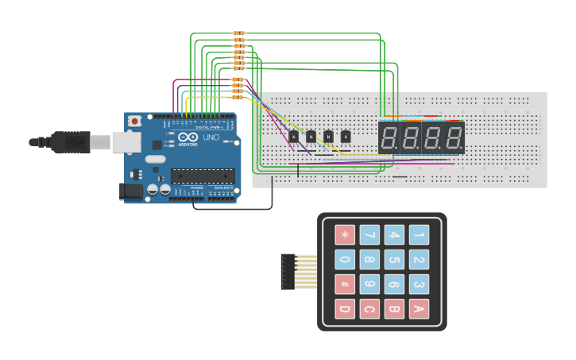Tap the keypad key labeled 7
tap(369, 235)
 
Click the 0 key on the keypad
tap(344, 260)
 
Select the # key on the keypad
tap(344, 285)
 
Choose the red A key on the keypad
tap(419, 309)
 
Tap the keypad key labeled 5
tap(394, 260)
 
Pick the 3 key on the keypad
tap(419, 285)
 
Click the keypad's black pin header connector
tap(288, 272)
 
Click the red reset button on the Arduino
tap(135, 121)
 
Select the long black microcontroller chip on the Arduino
tap(203, 176)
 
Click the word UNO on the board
tap(211, 137)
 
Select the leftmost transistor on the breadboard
tap(293, 137)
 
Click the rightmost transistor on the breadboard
tap(346, 137)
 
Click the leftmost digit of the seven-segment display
tap(389, 137)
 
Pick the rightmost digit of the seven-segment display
tap(454, 137)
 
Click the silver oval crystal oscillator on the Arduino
tap(155, 159)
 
